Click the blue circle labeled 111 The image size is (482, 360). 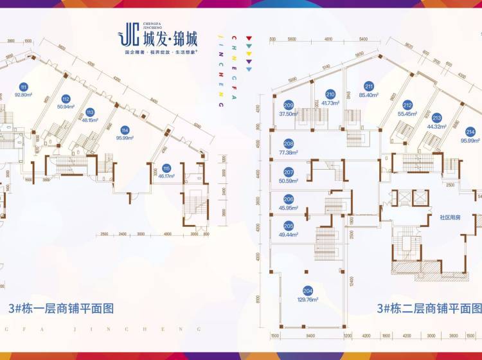(x=24, y=87)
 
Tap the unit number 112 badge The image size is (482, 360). (x=65, y=98)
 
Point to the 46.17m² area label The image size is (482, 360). (x=166, y=175)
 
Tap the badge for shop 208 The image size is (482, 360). (x=289, y=144)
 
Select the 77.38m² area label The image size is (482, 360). (x=289, y=152)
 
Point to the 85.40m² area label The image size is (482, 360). (x=369, y=95)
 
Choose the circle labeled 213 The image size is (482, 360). (x=437, y=118)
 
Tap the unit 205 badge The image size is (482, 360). (x=289, y=226)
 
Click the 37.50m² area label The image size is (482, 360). (x=289, y=114)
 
